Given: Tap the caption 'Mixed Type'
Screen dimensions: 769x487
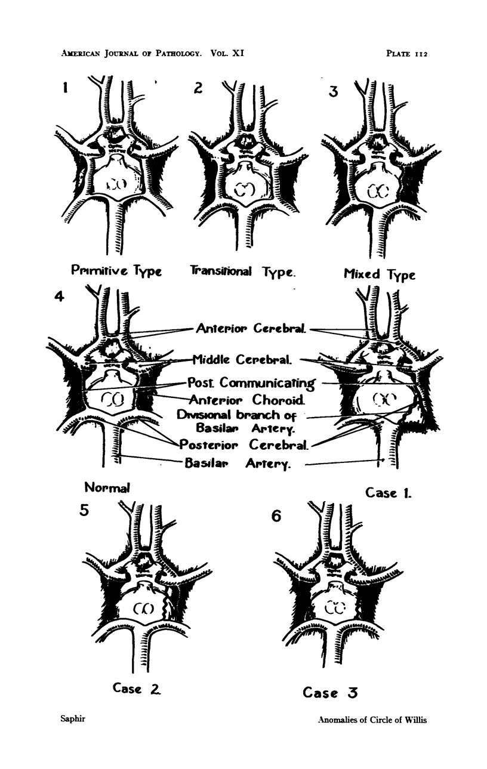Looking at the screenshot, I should pyautogui.click(x=379, y=274).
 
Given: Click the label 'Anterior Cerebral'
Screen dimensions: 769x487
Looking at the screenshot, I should pyautogui.click(x=251, y=329).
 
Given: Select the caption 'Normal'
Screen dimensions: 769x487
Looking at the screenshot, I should pyautogui.click(x=107, y=487).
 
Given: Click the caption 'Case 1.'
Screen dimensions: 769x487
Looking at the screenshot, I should pyautogui.click(x=389, y=493).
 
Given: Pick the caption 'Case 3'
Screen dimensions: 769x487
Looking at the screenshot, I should pyautogui.click(x=330, y=693).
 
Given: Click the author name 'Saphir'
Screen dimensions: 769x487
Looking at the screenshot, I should pyautogui.click(x=73, y=719).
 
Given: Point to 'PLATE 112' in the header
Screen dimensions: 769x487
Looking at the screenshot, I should pyautogui.click(x=408, y=53).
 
